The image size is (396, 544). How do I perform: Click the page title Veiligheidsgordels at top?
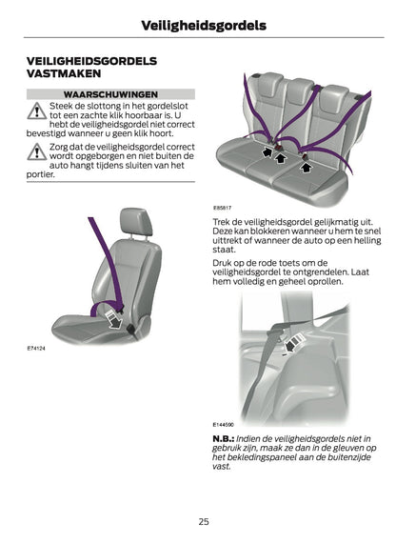point(197,25)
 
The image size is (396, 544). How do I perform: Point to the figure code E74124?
point(36,350)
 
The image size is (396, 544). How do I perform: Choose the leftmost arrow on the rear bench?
point(268,150)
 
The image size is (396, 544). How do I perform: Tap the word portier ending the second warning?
point(41,175)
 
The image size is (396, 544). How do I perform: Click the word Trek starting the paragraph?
point(222,221)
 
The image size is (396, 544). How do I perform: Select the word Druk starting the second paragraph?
point(223,261)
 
